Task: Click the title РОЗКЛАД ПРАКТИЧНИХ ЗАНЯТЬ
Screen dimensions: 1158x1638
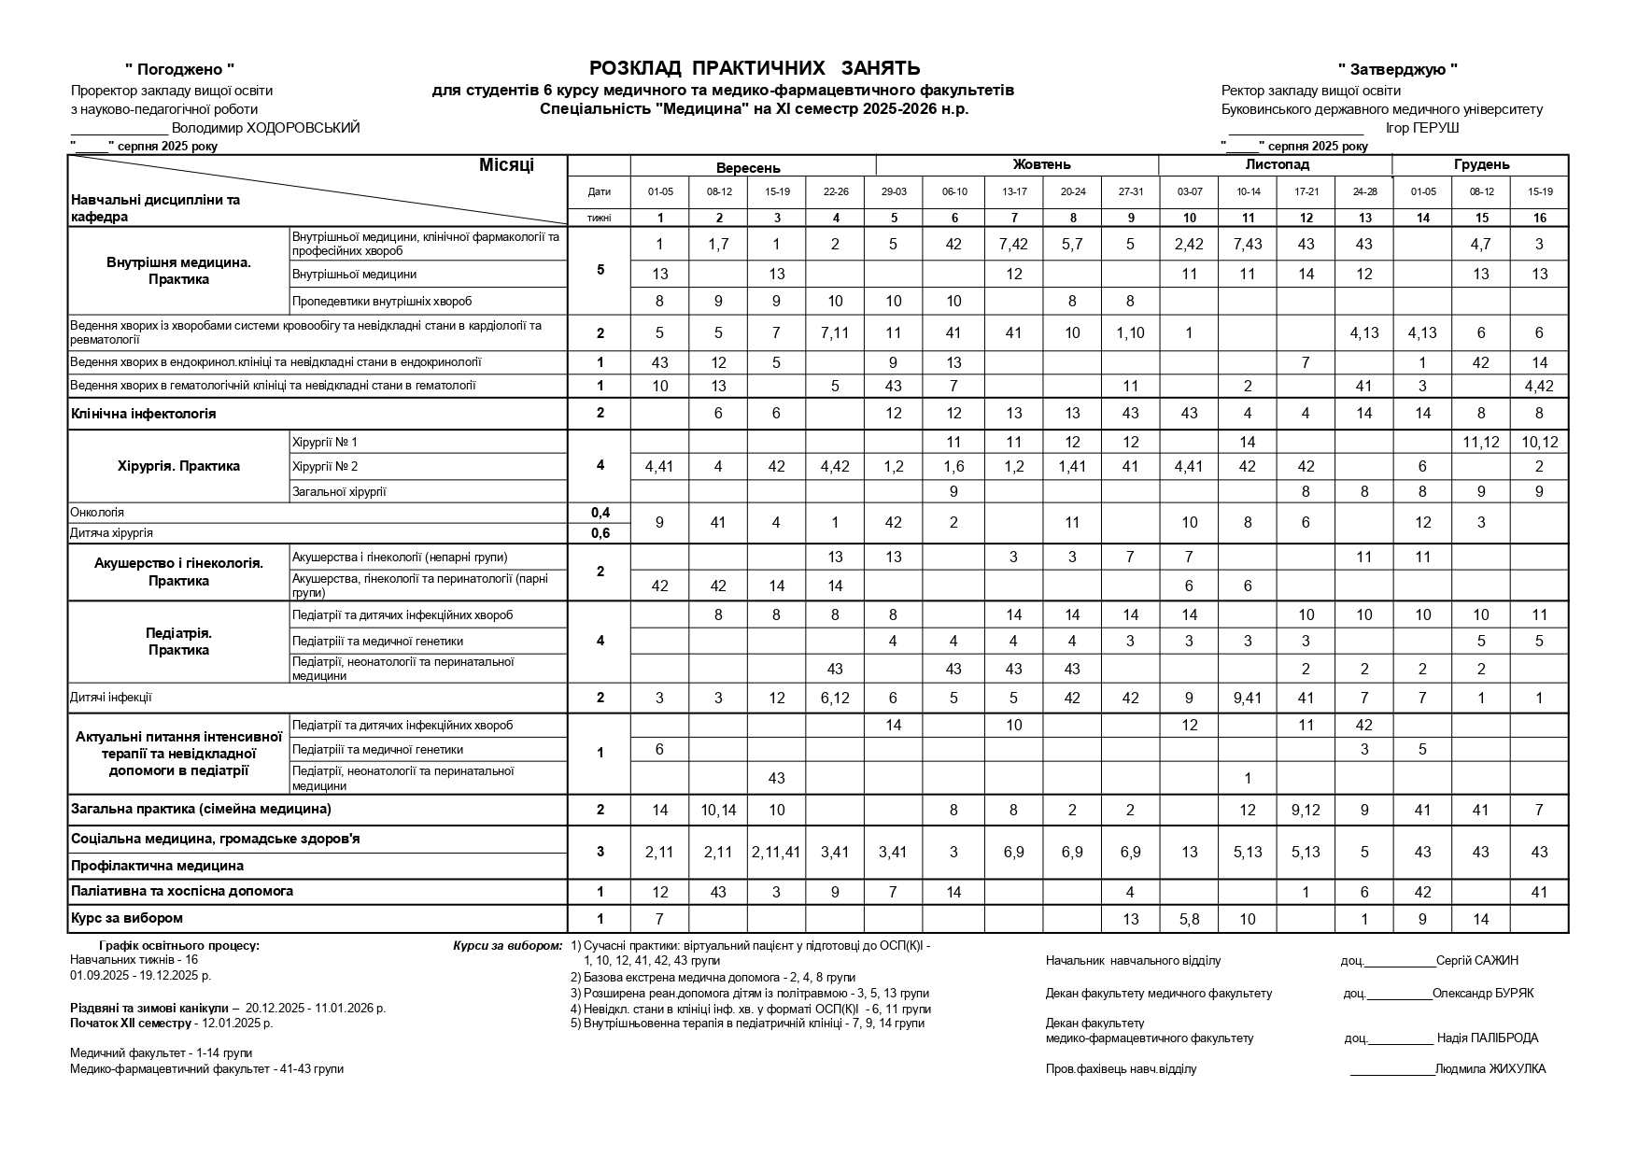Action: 755,68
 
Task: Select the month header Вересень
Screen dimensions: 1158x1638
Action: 748,168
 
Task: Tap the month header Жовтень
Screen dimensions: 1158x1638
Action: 1041,165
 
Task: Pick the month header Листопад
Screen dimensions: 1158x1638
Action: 1277,165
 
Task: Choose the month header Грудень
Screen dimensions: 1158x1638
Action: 1481,165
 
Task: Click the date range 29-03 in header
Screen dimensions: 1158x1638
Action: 894,192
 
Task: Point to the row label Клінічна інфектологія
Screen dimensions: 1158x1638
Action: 143,414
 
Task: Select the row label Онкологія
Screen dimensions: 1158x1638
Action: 97,513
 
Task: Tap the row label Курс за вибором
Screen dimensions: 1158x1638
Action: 127,918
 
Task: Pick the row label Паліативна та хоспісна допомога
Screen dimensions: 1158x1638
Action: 182,891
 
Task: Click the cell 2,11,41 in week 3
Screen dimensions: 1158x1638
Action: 776,852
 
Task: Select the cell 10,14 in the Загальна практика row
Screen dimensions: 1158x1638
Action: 718,811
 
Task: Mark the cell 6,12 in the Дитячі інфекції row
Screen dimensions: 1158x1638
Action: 835,699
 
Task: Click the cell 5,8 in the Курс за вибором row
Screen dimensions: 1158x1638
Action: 1189,919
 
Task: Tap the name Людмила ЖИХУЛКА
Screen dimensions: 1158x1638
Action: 1490,1069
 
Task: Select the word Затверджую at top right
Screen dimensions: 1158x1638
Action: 1398,69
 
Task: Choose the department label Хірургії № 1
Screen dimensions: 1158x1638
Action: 325,442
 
